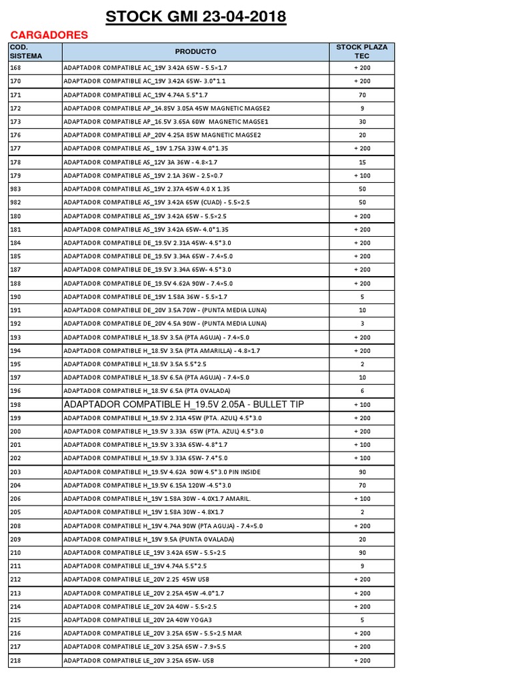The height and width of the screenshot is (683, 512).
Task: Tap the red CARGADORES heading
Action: (49, 35)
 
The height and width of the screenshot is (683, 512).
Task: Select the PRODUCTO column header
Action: (195, 51)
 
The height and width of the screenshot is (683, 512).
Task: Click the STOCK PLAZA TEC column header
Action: (361, 51)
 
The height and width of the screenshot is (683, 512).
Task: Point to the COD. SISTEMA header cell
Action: (27, 51)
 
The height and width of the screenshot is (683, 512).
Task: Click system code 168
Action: (15, 67)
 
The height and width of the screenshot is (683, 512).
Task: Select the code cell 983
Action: (15, 189)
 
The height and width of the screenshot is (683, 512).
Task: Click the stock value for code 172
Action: (362, 108)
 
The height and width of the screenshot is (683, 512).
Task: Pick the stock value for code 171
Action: (362, 95)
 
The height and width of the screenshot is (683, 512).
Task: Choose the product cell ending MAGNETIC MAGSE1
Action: (165, 121)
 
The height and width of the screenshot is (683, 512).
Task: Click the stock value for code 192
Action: (362, 323)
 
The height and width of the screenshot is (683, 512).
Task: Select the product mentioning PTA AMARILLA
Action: (161, 350)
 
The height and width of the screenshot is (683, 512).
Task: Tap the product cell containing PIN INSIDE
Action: (161, 472)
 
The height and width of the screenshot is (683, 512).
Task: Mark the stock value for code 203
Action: (362, 472)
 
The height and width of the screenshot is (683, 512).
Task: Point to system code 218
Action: (15, 660)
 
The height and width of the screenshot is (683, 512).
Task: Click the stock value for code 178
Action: (362, 162)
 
